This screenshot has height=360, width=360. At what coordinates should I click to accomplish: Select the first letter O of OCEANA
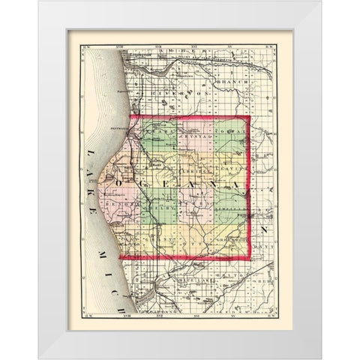pyautogui.click(x=118, y=180)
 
